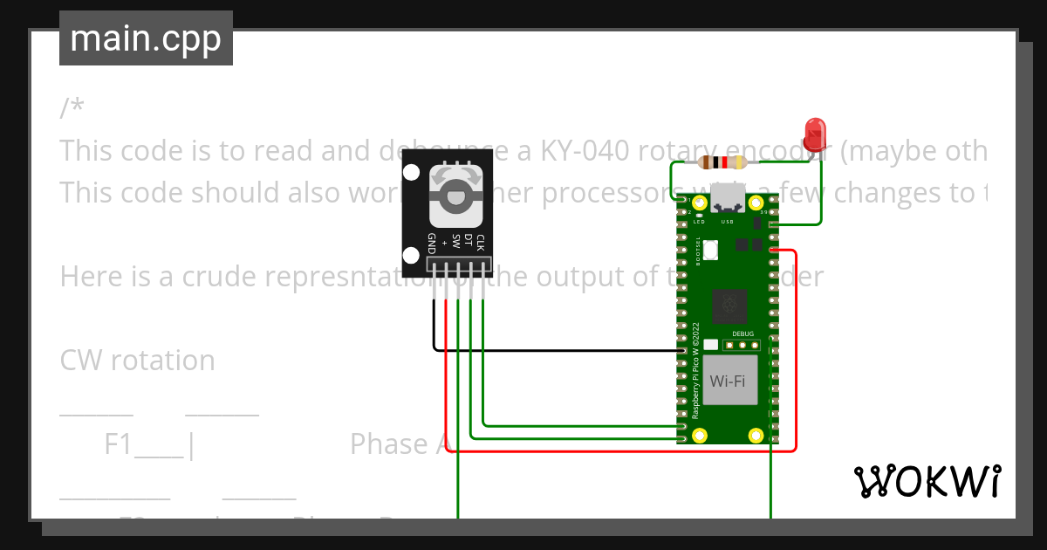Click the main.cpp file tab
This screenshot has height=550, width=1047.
[x=146, y=39]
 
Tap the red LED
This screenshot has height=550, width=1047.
[x=816, y=132]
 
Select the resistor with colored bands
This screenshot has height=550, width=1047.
[x=723, y=162]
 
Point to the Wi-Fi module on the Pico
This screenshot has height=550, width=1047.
[x=728, y=381]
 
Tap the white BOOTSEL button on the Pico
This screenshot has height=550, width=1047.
[x=710, y=251]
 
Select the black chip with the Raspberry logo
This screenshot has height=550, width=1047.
[x=729, y=306]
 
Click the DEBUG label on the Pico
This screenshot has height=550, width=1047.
[x=742, y=333]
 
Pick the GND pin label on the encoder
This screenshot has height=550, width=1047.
[x=432, y=244]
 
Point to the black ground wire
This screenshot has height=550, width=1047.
[x=558, y=350]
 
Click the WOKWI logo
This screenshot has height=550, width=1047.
[x=927, y=481]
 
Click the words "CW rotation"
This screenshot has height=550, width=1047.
[x=137, y=361]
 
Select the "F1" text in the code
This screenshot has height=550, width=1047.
[x=118, y=444]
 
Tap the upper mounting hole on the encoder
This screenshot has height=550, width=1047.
[x=411, y=172]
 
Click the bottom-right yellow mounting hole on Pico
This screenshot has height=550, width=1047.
[x=756, y=434]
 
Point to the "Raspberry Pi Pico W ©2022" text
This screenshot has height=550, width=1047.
[x=696, y=371]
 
